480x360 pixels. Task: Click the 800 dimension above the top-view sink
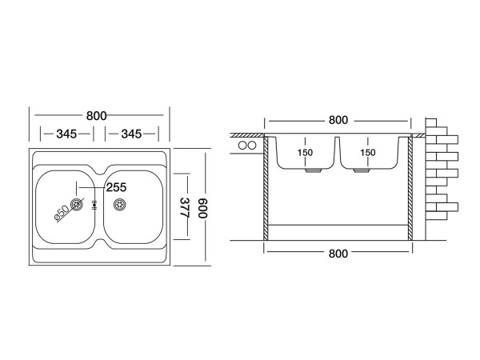pos(97,115)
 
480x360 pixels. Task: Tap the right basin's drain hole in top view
pos(121,204)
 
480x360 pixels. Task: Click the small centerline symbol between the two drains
pos(96,205)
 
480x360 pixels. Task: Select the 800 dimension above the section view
pos(338,120)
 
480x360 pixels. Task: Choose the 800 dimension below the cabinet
pos(338,254)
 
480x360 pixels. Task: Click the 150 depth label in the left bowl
pos(306,153)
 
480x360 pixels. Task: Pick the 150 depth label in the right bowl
pos(367,153)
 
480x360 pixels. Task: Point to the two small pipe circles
pos(247,146)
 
